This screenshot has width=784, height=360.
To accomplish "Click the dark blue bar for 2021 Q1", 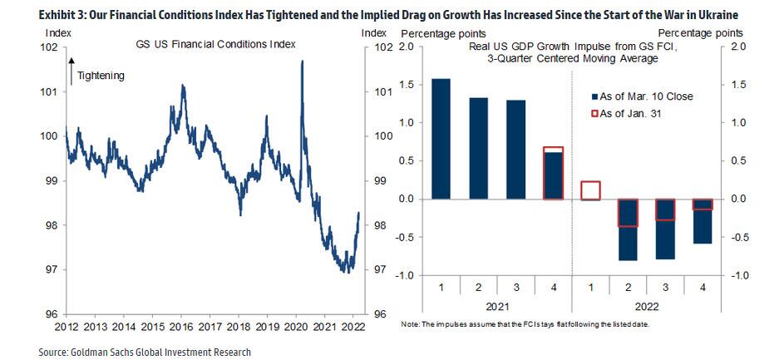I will tap(441, 139).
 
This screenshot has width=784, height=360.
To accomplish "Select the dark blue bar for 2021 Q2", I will tap(479, 149).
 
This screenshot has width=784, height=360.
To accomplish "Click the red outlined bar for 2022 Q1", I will tap(591, 190).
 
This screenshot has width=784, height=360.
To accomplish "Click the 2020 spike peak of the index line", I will tap(301, 62).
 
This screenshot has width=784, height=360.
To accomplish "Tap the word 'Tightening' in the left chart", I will tap(101, 76).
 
